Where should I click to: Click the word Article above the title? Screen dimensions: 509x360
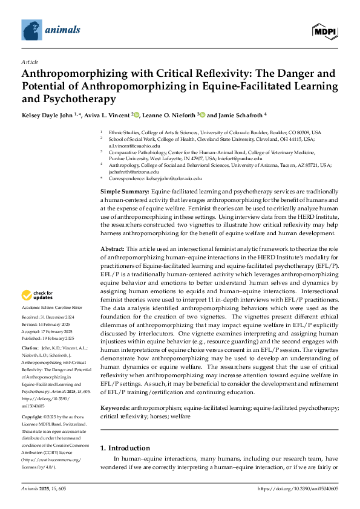click(x=30, y=62)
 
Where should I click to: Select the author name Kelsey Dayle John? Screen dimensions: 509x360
click(x=47, y=114)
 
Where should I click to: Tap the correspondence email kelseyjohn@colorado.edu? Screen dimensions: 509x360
click(x=172, y=179)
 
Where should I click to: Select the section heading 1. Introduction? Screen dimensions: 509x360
click(x=125, y=448)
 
